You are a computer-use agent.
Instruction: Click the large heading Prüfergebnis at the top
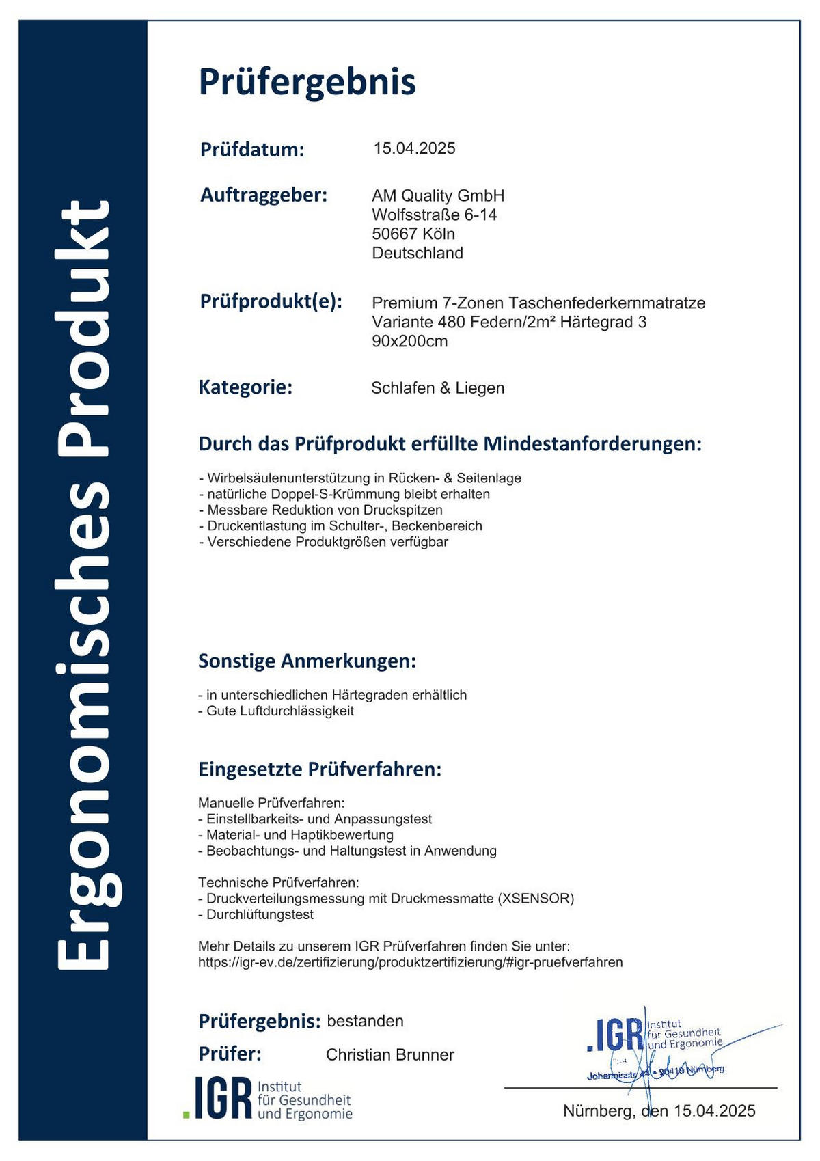coord(307,82)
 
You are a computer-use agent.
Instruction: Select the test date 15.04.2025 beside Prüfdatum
coord(414,148)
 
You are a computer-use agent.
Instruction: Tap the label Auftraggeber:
coord(264,195)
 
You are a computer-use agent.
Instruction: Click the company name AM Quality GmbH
coord(438,195)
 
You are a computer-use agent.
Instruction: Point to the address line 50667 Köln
coord(413,234)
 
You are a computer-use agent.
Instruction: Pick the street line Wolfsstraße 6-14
coord(434,215)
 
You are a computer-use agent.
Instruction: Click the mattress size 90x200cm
coord(410,341)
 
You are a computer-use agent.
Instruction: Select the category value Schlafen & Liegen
coord(437,388)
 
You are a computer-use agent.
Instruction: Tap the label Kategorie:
coord(245,387)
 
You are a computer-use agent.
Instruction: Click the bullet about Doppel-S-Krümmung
coord(344,493)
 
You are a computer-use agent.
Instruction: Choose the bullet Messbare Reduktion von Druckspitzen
coord(320,510)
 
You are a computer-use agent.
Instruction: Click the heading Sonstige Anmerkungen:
coord(307,661)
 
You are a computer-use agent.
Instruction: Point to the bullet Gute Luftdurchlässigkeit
coord(276,711)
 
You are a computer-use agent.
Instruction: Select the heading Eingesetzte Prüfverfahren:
coord(320,769)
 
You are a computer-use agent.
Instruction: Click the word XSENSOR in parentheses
coord(536,898)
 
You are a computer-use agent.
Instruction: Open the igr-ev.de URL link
coord(410,962)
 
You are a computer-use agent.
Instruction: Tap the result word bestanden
coord(365,1021)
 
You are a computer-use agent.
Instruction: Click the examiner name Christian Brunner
coord(389,1054)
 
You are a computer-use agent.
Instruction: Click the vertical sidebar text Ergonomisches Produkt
coord(83,584)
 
